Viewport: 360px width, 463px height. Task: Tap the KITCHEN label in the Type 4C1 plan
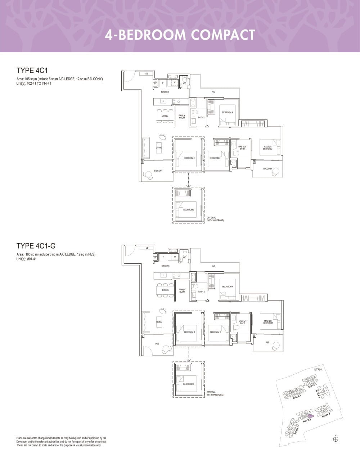click(x=165, y=92)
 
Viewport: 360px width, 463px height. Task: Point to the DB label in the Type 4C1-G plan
click(x=147, y=248)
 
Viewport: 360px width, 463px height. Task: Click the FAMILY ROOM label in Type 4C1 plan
click(x=182, y=117)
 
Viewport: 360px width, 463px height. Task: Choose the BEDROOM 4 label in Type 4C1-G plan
click(x=228, y=286)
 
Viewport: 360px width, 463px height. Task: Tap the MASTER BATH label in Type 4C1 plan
click(x=242, y=148)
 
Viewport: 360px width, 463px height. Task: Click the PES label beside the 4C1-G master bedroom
click(x=267, y=343)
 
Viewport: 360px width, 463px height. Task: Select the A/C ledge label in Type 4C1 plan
click(x=213, y=92)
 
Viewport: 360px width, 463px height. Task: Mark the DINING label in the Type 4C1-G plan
click(x=165, y=290)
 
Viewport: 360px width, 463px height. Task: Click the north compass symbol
click(x=336, y=439)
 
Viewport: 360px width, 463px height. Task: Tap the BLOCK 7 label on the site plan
click(x=325, y=415)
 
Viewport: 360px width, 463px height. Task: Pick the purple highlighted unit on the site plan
click(x=311, y=416)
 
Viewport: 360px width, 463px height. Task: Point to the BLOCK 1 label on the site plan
click(x=297, y=397)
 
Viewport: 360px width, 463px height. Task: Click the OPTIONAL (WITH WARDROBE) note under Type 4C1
click(x=215, y=219)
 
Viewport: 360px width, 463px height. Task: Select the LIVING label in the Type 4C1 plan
click(x=159, y=148)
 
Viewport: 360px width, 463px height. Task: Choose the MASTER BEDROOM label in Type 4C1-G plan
click(x=268, y=322)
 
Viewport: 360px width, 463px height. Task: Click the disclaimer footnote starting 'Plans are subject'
click(x=62, y=441)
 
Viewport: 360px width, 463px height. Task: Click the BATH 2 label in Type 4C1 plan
click(x=201, y=117)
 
